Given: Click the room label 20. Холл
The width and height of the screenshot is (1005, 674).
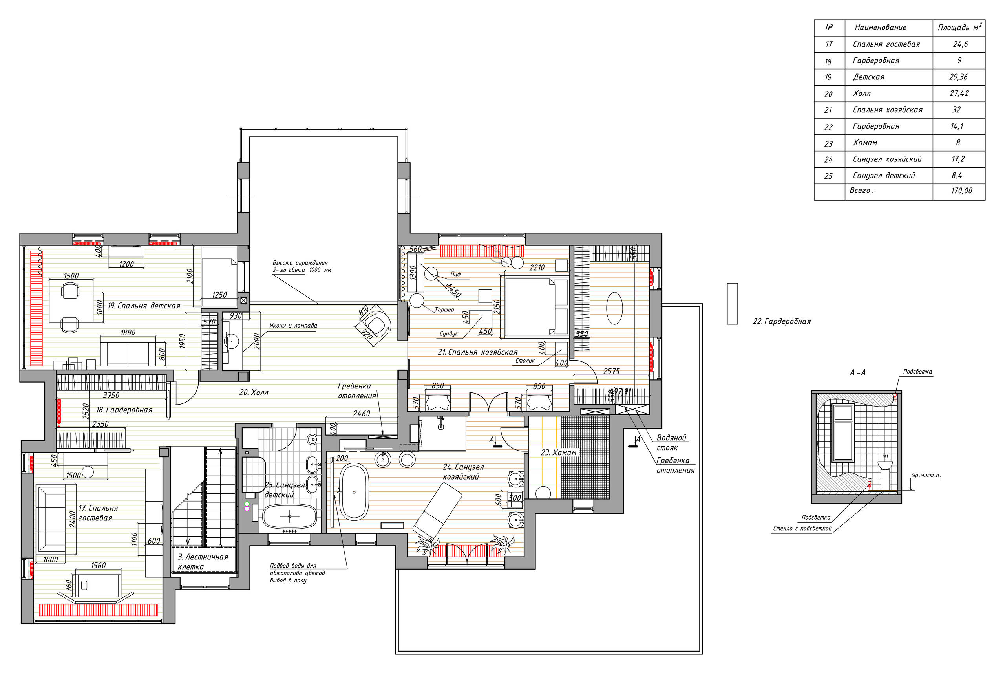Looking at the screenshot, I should [x=254, y=392].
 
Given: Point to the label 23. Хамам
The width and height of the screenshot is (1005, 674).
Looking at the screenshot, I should [x=558, y=452].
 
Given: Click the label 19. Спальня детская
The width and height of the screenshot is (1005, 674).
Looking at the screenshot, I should [x=144, y=306].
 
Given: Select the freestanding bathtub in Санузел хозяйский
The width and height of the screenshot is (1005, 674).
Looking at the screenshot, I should [x=354, y=492].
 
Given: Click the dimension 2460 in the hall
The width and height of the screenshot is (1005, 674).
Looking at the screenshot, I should [x=361, y=414].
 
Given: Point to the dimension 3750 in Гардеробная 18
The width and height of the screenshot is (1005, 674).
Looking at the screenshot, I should [x=111, y=396].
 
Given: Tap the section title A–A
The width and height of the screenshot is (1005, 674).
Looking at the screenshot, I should [x=857, y=372].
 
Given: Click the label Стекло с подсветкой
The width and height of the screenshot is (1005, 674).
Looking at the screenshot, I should [x=802, y=529].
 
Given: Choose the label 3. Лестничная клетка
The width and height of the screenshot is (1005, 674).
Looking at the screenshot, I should [x=203, y=562].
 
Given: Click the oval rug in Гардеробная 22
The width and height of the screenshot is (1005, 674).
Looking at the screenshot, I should [x=614, y=308].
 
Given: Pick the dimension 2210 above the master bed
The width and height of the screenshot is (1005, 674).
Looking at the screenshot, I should [x=536, y=267].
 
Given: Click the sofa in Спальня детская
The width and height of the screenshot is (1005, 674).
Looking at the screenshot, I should [x=128, y=351].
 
